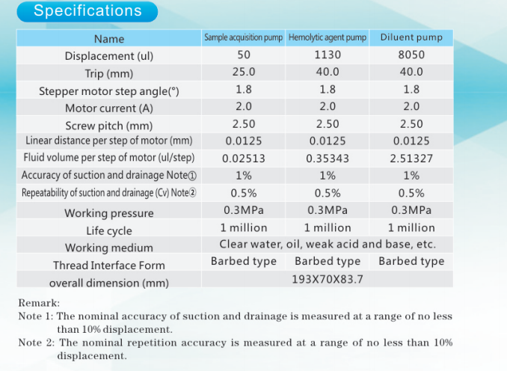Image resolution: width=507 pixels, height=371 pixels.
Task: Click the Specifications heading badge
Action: pos(87,11)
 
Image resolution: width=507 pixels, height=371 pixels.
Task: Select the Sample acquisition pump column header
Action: pos(244,37)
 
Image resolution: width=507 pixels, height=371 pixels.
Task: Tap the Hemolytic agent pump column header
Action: pos(328,37)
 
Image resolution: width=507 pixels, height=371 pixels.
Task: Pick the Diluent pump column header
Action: pos(411,37)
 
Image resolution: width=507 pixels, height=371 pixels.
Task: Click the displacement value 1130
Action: pos(328,55)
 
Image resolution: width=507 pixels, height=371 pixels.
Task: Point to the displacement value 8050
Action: pos(411,55)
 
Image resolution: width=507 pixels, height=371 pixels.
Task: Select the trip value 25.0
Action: pos(244,72)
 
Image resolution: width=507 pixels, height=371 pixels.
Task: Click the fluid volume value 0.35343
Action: pos(328,159)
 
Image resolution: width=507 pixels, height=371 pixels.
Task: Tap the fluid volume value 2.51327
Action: pos(411,159)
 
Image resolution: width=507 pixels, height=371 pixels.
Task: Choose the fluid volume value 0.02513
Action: pos(244,159)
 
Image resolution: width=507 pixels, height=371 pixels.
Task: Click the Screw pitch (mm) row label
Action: pos(109,126)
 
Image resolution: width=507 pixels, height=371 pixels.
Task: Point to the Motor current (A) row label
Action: pos(109,108)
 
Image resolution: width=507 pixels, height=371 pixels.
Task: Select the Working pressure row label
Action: pos(109,213)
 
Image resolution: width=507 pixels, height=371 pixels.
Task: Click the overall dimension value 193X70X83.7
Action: pos(328,279)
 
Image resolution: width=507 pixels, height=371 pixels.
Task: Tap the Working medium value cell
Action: pos(328,244)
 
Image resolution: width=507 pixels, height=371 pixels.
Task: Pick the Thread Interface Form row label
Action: pos(109,266)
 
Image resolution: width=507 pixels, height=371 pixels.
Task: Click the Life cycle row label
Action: pos(109,230)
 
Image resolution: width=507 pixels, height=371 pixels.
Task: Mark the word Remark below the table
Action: pos(39,303)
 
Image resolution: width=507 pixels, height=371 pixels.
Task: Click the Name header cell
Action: pos(109,39)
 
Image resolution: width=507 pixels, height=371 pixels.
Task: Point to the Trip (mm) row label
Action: pos(109,73)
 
